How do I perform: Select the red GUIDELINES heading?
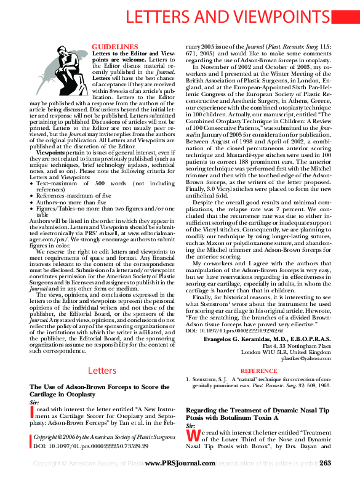tap(114, 47)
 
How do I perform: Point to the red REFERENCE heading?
tap(258, 371)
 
